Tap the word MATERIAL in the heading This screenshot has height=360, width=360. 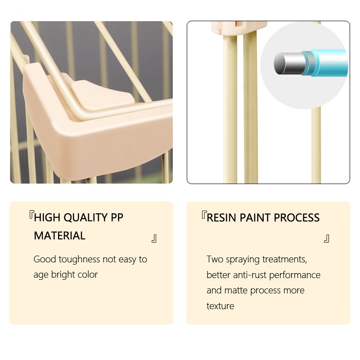[x=60, y=236]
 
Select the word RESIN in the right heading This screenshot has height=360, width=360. [x=221, y=218]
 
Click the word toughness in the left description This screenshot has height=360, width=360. [x=79, y=259]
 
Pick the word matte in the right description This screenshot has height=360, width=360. [x=236, y=290]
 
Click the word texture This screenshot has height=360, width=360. [x=220, y=306]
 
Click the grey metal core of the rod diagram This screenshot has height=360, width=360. [x=290, y=63]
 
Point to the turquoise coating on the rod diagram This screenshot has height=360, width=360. [x=326, y=63]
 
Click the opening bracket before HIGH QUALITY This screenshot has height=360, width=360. [x=31, y=215]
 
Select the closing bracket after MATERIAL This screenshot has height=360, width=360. [x=154, y=238]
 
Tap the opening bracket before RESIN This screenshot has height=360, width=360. [x=204, y=215]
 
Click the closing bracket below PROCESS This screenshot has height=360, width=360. [x=327, y=238]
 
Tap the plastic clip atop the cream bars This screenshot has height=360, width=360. [x=239, y=27]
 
